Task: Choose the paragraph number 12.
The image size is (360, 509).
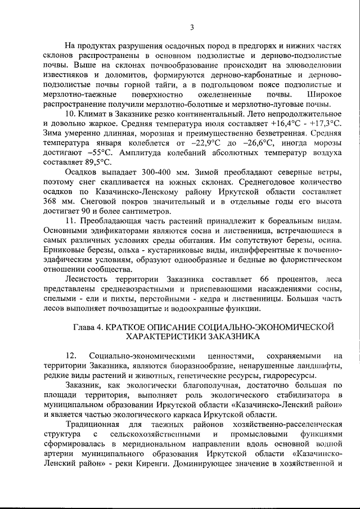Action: point(71,356)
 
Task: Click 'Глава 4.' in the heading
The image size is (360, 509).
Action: point(92,326)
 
